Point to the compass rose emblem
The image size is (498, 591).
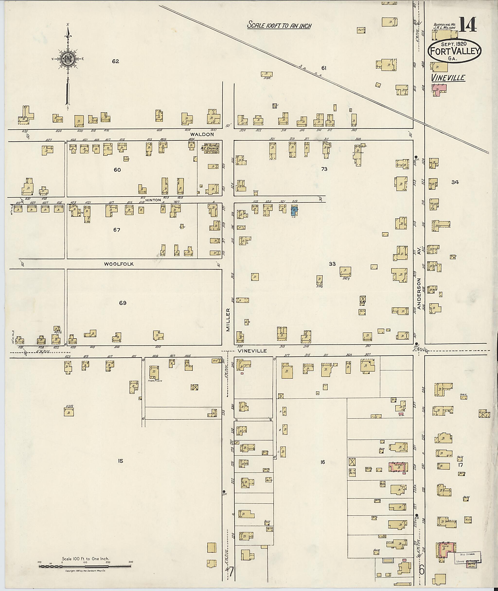point(68,59)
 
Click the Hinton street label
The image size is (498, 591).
point(153,200)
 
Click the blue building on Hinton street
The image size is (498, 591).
point(294,210)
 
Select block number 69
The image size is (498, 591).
point(123,303)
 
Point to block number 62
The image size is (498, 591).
point(116,61)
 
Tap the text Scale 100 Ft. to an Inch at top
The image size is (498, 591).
point(279,25)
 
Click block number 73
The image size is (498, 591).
point(324,169)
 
